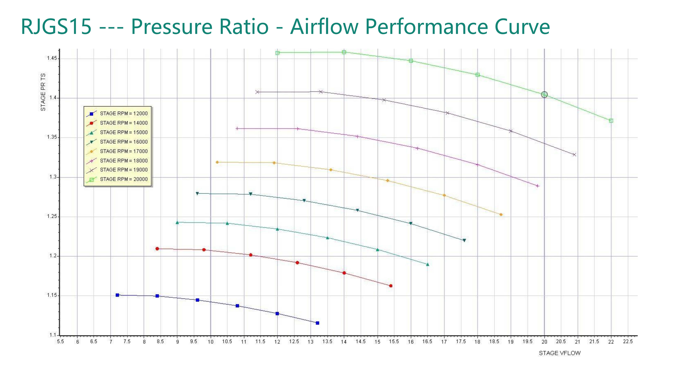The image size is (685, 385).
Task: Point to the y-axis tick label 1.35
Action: click(x=52, y=137)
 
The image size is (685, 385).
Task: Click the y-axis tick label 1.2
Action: click(x=53, y=256)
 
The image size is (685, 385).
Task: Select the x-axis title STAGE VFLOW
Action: click(x=559, y=353)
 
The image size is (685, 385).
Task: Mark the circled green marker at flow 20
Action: click(x=544, y=95)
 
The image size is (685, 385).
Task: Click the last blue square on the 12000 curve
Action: click(x=317, y=323)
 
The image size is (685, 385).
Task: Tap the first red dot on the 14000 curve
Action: click(x=157, y=249)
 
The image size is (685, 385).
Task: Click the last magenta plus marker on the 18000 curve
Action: click(x=537, y=186)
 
